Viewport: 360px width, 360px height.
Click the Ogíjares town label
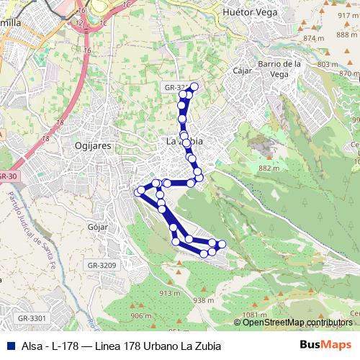coord(91,145)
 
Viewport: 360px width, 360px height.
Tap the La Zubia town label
coord(184,142)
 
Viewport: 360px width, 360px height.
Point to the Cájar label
coord(242,71)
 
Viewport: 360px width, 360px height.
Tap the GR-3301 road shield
coord(32,318)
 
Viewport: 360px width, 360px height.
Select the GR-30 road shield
coord(7,176)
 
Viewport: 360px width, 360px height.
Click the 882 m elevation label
coord(269,168)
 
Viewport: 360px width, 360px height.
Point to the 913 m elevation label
coord(169,293)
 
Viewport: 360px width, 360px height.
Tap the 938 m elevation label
coord(204,300)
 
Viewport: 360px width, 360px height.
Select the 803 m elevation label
coord(326,65)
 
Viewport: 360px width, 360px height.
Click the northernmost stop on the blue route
coord(194,86)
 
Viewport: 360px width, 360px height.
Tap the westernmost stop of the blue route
coord(140,191)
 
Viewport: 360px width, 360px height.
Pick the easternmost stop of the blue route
coord(222,245)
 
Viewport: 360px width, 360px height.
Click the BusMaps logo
coord(325,345)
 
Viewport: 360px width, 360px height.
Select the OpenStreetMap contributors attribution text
coord(297,323)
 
